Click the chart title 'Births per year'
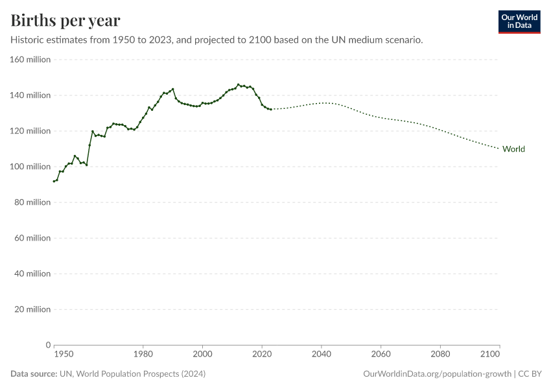65,21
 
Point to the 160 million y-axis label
30,60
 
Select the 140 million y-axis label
30,95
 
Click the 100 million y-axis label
30,167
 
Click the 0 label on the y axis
48,345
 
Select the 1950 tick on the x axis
64,354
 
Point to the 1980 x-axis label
143,354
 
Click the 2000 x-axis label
202,354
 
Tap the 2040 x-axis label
322,354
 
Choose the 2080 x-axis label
440,354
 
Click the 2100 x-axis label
491,354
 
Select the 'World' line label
513,149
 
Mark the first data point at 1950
54,181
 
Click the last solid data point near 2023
271,109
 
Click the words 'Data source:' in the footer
34,374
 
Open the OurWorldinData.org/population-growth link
438,374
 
